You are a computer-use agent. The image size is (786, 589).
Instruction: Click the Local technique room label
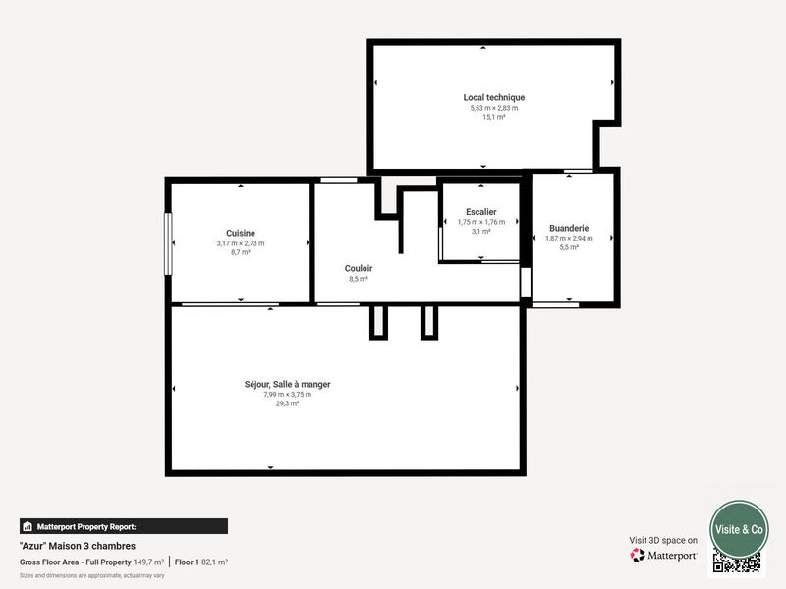point(494,97)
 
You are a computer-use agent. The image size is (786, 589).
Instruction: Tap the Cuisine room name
point(241,233)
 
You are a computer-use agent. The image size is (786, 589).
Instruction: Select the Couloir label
point(359,268)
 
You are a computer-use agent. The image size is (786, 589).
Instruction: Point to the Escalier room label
point(481,211)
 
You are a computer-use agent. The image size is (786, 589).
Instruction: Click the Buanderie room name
point(569,228)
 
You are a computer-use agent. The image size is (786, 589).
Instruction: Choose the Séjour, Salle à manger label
point(287,384)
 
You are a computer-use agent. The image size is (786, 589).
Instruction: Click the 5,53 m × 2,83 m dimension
point(494,108)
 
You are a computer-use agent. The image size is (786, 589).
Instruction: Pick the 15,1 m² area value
point(494,117)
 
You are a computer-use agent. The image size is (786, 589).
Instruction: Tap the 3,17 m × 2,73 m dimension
point(241,243)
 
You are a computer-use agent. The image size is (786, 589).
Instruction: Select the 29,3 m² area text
point(287,402)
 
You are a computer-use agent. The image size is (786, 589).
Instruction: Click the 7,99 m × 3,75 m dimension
point(287,394)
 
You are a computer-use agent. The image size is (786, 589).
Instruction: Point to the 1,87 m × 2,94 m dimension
point(569,239)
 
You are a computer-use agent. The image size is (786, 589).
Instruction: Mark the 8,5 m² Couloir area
point(359,279)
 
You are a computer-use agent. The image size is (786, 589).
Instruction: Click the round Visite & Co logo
point(739,529)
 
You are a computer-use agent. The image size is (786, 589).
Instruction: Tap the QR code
point(737,562)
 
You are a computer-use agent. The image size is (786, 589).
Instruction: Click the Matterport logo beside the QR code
point(664,555)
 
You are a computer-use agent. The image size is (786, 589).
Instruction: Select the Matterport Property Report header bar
point(124,526)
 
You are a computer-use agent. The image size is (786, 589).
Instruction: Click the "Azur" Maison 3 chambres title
point(78,546)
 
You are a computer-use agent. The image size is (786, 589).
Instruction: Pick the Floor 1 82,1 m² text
point(201,562)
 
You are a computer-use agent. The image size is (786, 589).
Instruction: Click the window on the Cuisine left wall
point(168,243)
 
